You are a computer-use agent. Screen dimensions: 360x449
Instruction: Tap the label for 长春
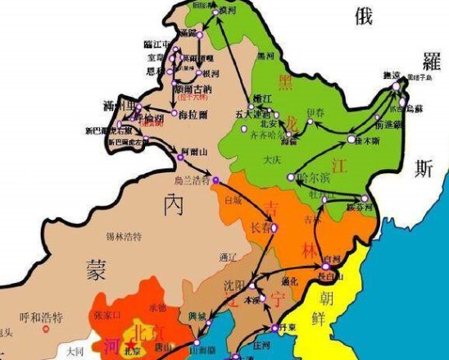(x=260, y=226)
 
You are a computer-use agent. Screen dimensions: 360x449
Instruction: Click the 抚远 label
(x=393, y=75)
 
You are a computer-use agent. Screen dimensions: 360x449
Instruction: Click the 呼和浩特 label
(x=41, y=317)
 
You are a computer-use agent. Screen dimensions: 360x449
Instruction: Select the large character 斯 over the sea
(x=424, y=169)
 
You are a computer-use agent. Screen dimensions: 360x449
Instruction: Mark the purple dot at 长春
(x=274, y=227)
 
